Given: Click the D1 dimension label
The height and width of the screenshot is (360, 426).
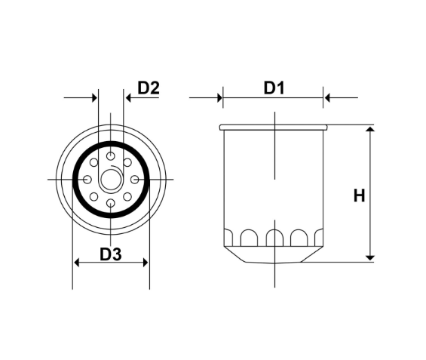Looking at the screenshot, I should click(x=273, y=88).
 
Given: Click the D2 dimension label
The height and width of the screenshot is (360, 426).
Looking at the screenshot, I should click(x=148, y=88).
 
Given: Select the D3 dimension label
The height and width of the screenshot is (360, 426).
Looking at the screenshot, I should click(x=111, y=254).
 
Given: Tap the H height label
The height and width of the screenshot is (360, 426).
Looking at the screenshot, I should click(x=359, y=195).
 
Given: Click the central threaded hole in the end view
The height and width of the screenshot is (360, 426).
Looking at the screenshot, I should click(x=111, y=180).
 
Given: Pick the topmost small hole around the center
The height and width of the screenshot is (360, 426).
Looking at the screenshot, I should click(x=111, y=156).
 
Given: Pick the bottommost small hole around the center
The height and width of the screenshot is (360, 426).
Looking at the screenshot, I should click(x=111, y=204).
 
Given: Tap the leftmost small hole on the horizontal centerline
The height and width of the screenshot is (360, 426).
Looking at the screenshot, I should click(x=87, y=180).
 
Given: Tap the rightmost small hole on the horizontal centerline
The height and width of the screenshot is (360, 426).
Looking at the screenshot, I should click(x=135, y=180).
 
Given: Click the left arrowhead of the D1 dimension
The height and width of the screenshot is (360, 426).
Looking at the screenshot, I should click(x=219, y=97).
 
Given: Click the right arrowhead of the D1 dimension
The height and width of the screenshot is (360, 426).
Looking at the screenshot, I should click(x=327, y=97).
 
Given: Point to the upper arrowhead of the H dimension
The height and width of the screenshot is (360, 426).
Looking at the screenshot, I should click(x=369, y=131).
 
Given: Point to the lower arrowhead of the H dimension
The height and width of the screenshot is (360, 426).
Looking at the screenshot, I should click(x=369, y=257).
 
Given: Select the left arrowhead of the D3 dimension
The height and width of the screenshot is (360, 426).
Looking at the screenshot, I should click(x=76, y=263).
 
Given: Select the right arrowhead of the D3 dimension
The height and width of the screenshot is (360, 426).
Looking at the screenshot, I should click(x=146, y=263).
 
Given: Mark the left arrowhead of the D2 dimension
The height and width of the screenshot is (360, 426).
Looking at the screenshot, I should click(x=95, y=97).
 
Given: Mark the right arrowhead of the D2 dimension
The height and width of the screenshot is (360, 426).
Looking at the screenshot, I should click(x=127, y=97).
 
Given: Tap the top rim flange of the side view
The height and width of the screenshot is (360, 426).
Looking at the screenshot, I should click(x=273, y=127).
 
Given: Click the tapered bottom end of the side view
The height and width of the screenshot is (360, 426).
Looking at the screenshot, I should click(x=273, y=257).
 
